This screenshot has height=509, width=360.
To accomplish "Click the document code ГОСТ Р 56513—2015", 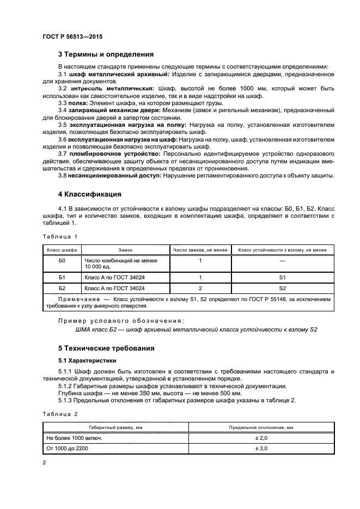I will pyautogui.click(x=72, y=36).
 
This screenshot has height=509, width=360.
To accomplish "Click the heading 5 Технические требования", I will pyautogui.click(x=106, y=348).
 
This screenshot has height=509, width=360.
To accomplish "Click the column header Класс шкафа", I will pyautogui.click(x=62, y=250).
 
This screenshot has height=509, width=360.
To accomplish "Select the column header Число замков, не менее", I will pyautogui.click(x=200, y=250).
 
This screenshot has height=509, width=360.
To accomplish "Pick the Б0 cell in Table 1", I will pyautogui.click(x=62, y=261).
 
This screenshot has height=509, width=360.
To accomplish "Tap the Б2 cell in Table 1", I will pyautogui.click(x=62, y=288).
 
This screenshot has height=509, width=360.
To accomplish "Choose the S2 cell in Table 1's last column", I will pyautogui.click(x=282, y=288).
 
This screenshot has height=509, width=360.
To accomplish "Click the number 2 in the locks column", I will pyautogui.click(x=200, y=288).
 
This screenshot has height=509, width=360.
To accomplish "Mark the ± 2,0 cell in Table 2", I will pyautogui.click(x=261, y=437).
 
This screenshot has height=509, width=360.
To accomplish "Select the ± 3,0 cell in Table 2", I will pyautogui.click(x=261, y=448).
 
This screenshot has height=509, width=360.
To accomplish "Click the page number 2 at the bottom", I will pyautogui.click(x=44, y=462).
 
